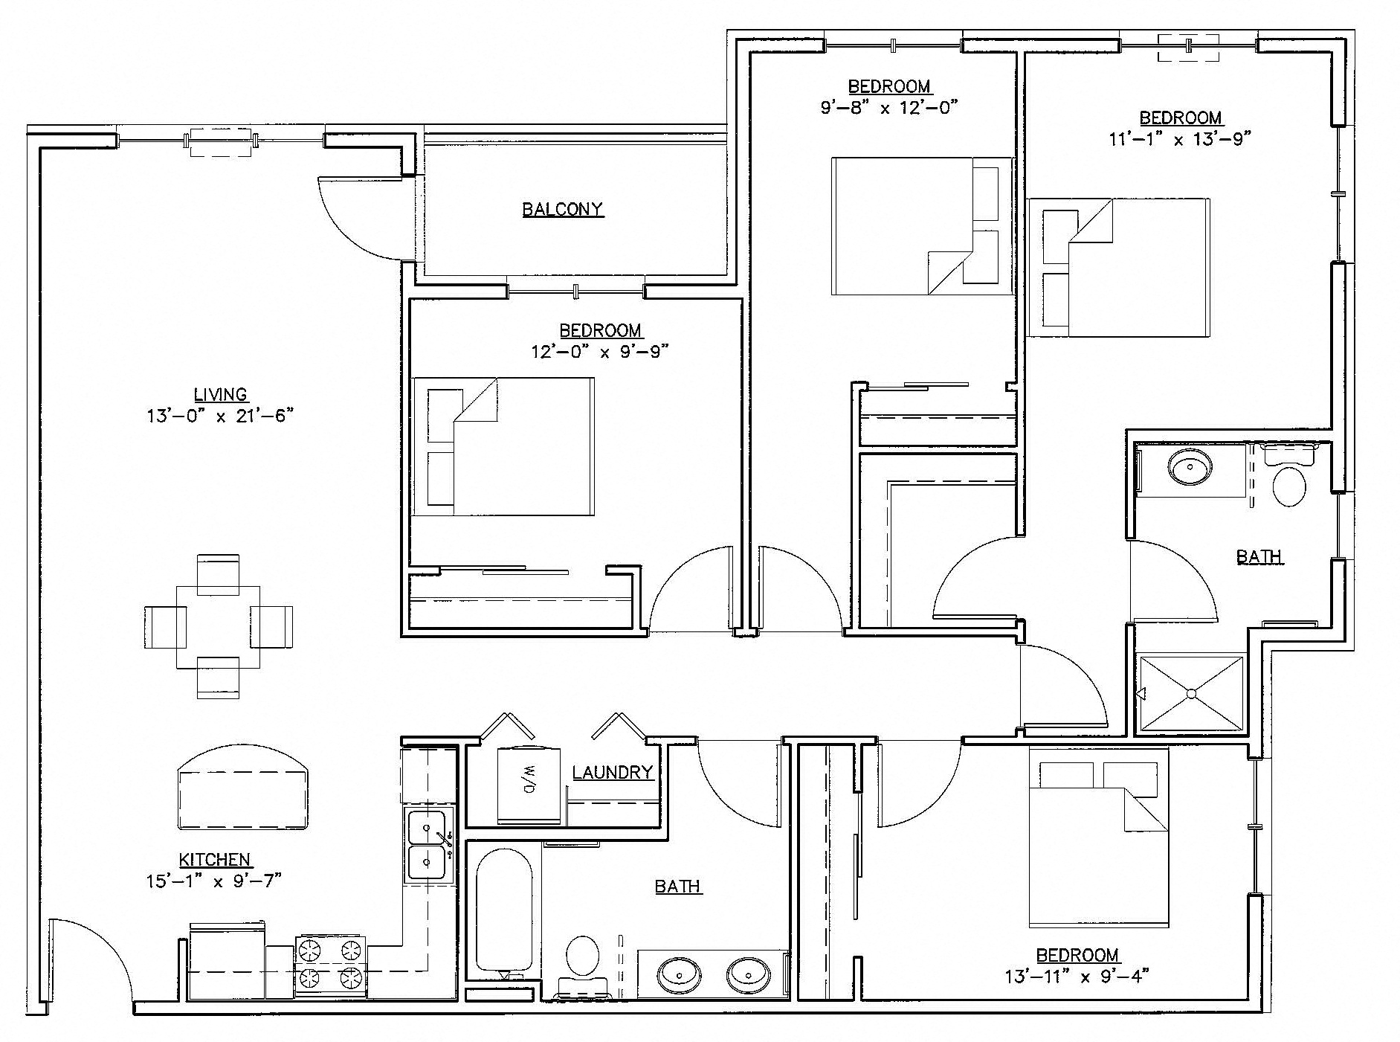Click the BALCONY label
coord(562,209)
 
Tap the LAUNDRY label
coord(612,773)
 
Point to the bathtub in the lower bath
coord(504,911)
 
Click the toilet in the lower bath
coord(582,958)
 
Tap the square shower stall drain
coord(1190,693)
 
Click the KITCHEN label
coord(214,860)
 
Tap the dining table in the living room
coord(218,626)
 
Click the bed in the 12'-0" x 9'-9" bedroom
coord(503,446)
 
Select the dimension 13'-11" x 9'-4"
coord(1077,976)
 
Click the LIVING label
coord(220,395)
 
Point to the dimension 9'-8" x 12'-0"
coord(888,107)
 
